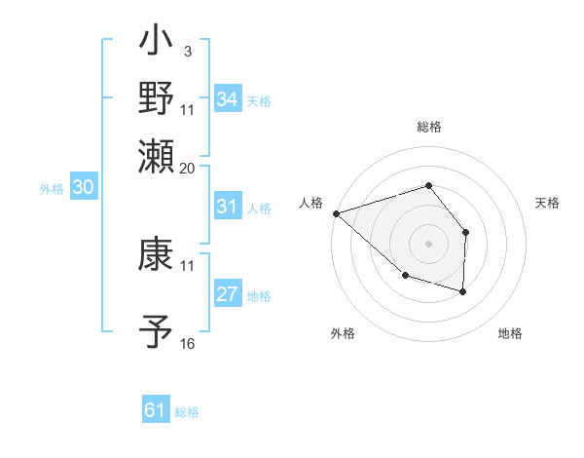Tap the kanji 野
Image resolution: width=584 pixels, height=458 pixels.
pyautogui.click(x=157, y=98)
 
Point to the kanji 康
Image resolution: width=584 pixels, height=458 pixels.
pyautogui.click(x=157, y=255)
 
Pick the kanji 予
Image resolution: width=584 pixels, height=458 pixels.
pyautogui.click(x=157, y=330)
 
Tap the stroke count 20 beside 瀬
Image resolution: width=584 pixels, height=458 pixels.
pyautogui.click(x=188, y=168)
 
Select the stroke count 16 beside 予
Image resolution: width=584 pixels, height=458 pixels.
pyautogui.click(x=188, y=344)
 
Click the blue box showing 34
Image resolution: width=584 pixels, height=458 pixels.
pyautogui.click(x=227, y=99)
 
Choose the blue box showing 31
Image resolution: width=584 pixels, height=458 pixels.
pyautogui.click(x=227, y=207)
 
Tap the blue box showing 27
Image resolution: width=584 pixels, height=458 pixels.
pyautogui.click(x=227, y=295)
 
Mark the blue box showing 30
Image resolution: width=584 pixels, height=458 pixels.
pyautogui.click(x=83, y=188)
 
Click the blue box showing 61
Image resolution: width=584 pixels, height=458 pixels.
pyautogui.click(x=155, y=410)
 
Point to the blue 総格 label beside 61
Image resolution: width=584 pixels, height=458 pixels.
pyautogui.click(x=187, y=412)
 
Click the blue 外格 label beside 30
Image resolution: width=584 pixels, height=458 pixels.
pyautogui.click(x=52, y=189)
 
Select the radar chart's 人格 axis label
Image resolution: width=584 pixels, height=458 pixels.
pyautogui.click(x=311, y=203)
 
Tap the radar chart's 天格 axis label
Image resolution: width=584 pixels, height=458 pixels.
pyautogui.click(x=548, y=203)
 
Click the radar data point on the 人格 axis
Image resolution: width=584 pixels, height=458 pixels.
pyautogui.click(x=336, y=212)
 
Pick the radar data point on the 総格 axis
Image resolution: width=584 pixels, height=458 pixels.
pyautogui.click(x=428, y=185)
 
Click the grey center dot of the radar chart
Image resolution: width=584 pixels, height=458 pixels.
pyautogui.click(x=428, y=243)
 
